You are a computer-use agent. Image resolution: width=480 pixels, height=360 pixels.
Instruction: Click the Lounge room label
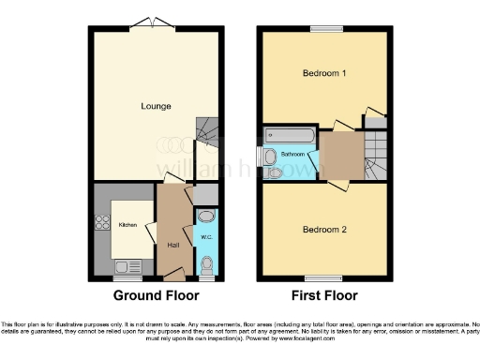[x=157, y=106]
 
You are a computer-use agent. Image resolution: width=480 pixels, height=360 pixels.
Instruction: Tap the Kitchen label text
[x=127, y=225]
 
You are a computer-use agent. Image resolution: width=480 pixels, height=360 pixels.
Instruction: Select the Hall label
[x=172, y=245]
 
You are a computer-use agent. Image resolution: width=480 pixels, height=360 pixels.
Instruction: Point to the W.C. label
[x=206, y=237]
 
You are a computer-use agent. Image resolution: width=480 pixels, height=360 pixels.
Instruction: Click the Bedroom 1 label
[x=321, y=73]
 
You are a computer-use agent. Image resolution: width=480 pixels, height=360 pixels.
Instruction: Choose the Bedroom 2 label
[x=321, y=229]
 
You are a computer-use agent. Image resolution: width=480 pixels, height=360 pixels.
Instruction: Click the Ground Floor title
[x=157, y=295]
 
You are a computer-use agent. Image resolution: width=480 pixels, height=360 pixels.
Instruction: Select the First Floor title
[x=322, y=295]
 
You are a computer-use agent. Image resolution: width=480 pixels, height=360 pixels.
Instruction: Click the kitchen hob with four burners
[x=100, y=225]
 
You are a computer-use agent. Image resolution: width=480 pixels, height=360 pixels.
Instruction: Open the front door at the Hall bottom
[x=172, y=275]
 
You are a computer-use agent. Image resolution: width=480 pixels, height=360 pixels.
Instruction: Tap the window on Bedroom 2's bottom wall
[x=322, y=277]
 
